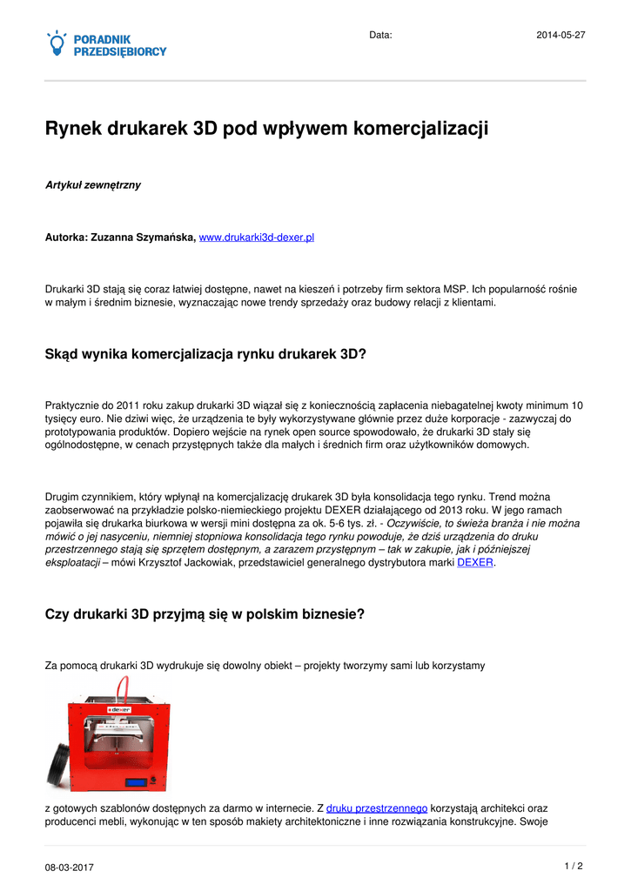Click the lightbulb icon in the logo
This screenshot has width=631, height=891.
point(57,43)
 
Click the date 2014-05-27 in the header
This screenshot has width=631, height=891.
point(560,35)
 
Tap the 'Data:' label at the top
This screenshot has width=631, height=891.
point(380,35)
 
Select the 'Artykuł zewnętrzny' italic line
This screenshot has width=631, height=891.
point(92,185)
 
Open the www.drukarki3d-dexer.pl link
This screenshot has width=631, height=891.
point(256,237)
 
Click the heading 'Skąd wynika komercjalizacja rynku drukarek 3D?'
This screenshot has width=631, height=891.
point(205,353)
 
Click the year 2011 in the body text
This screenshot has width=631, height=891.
point(127,405)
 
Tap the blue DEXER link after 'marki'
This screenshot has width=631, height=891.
point(475,562)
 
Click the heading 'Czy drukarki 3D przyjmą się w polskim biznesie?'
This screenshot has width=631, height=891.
point(204,613)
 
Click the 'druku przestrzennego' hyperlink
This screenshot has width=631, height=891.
point(376,808)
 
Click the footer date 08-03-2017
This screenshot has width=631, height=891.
point(70,868)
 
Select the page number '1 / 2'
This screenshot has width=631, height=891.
point(573,866)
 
